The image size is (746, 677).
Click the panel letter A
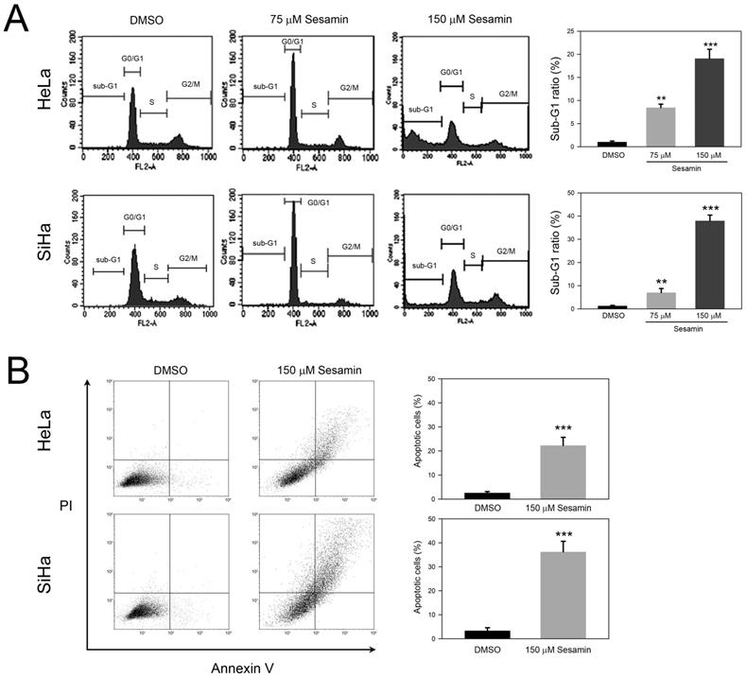[x=16, y=19]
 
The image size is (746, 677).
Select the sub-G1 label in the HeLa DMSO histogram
[x=105, y=85]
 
